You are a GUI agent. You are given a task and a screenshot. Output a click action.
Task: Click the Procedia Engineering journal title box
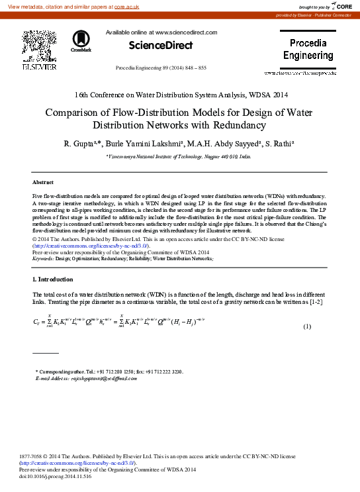click(x=308, y=50)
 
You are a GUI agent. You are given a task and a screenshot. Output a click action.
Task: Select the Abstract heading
click(x=43, y=181)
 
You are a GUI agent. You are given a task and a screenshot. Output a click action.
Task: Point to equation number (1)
click(x=307, y=327)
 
